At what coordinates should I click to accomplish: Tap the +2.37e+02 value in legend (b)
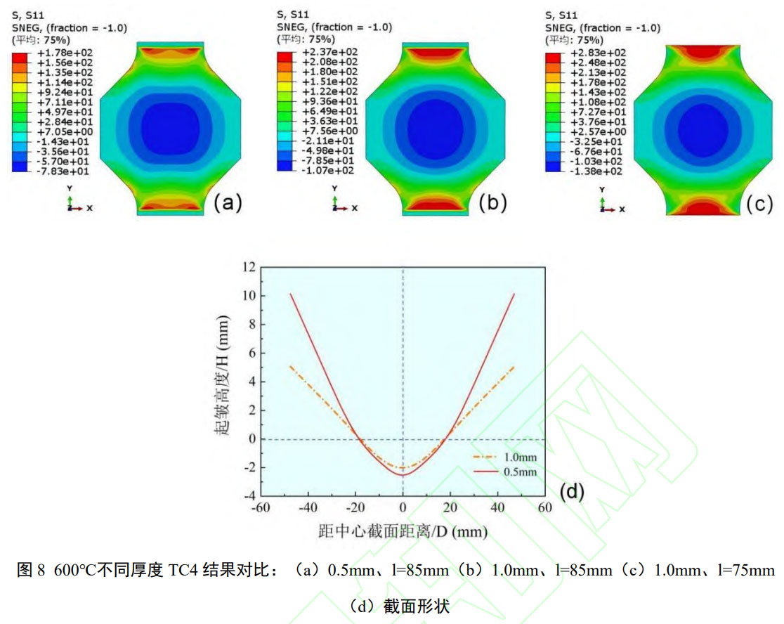pos(319,53)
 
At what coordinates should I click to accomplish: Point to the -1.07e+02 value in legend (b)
pos(319,171)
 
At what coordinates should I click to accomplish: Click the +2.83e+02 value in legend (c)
pos(587,53)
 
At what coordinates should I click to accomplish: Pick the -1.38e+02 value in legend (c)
pos(587,171)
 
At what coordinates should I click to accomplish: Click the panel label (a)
pos(228,203)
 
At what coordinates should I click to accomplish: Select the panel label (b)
pos(492,203)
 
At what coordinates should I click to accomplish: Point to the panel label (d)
pos(570,492)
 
